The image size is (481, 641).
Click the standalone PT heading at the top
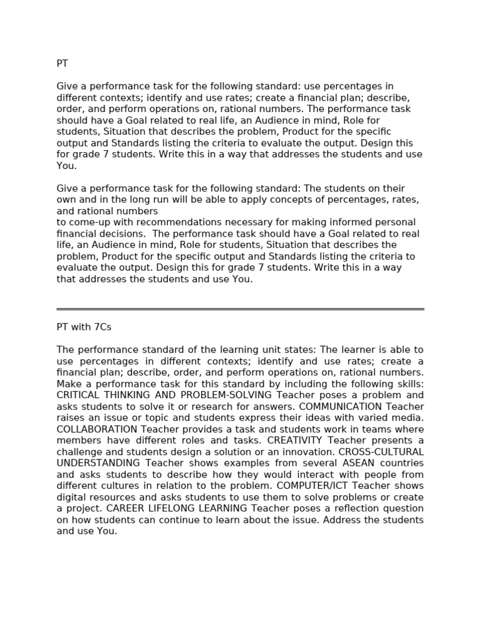(62, 63)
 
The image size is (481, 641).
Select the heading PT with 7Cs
(84, 327)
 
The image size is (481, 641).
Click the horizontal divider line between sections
(240, 309)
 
